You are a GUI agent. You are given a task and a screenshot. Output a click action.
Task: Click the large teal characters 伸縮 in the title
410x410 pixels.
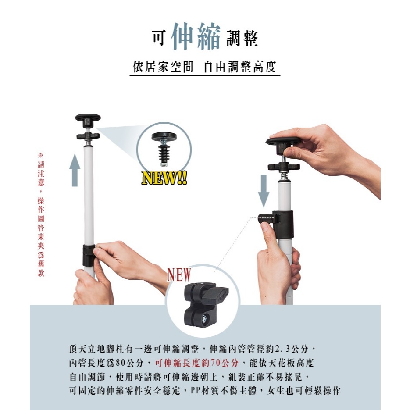[196, 36]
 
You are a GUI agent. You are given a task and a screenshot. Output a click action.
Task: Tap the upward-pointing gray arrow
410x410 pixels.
[75, 170]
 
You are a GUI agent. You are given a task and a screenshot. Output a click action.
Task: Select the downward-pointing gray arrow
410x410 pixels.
[264, 191]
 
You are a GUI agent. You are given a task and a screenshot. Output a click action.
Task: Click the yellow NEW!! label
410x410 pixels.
[164, 178]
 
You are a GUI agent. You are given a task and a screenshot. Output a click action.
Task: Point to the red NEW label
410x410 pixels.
[179, 275]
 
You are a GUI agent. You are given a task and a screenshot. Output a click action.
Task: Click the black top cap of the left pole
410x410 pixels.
[88, 120]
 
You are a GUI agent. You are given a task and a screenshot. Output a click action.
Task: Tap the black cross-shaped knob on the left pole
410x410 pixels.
[88, 136]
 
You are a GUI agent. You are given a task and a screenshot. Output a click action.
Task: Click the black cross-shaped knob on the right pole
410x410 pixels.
[284, 167]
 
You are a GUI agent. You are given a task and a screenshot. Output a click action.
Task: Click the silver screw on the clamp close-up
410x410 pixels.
[204, 319]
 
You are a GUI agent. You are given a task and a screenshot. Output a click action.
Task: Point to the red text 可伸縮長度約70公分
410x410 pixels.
[197, 363]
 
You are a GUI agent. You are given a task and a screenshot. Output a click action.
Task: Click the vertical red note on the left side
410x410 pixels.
[41, 214]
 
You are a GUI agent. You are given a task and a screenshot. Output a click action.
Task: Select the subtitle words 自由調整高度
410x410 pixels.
[240, 67]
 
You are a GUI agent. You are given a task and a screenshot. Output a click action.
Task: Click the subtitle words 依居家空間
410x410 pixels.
[163, 67]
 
